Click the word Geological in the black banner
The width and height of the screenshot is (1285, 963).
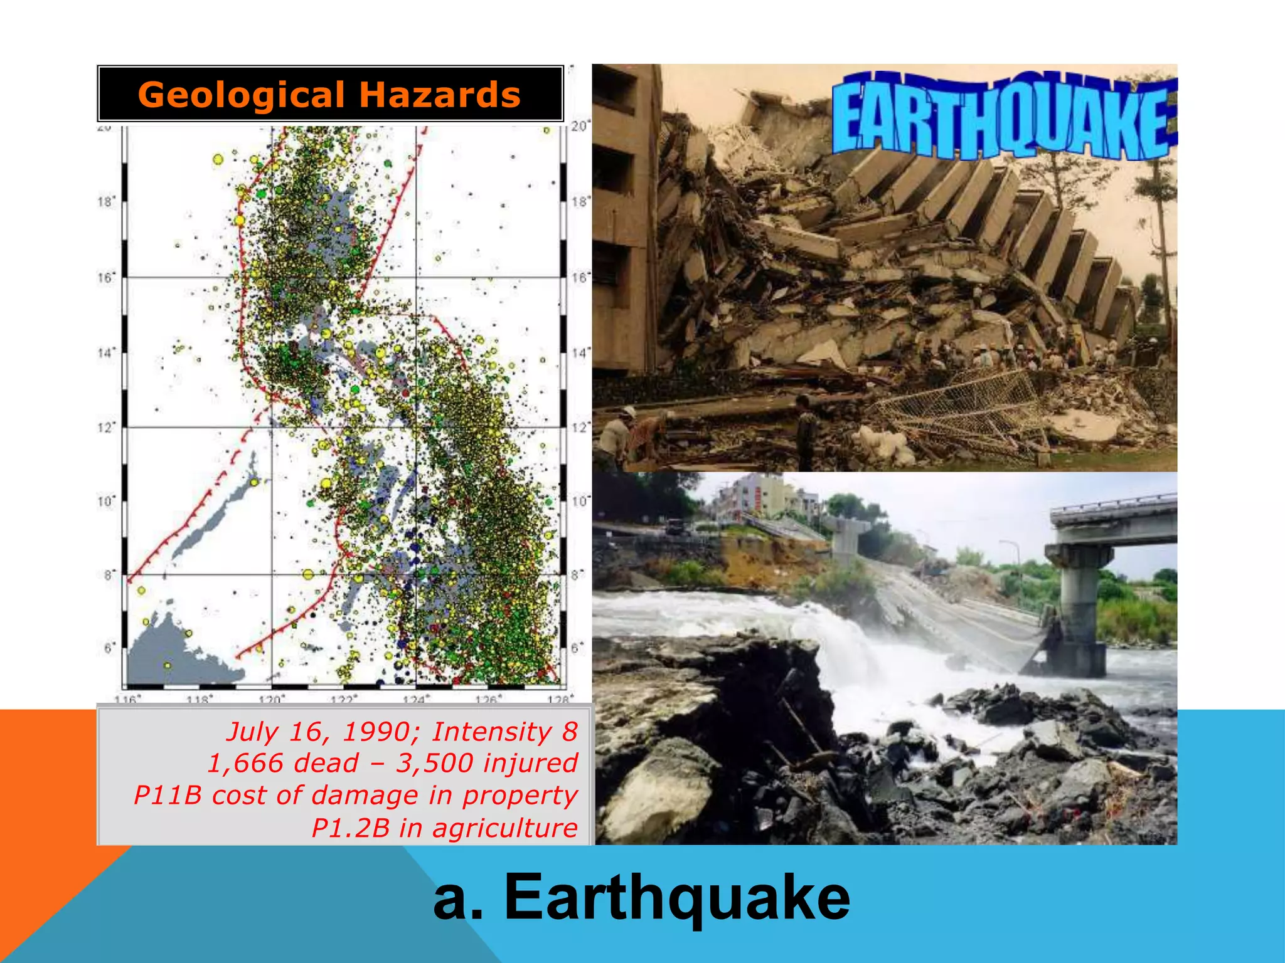[239, 95]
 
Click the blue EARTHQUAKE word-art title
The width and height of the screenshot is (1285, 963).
[1004, 117]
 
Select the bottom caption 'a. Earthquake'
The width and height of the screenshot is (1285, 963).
[641, 898]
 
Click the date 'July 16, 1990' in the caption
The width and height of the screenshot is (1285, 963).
[318, 732]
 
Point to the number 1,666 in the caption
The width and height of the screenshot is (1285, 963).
[245, 764]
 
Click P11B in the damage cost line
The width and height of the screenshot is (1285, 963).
[168, 796]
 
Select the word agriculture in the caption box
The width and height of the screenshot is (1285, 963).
[505, 828]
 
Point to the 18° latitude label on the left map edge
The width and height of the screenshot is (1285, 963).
[105, 202]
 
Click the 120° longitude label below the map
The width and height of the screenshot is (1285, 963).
[272, 698]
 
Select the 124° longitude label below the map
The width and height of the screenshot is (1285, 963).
[417, 698]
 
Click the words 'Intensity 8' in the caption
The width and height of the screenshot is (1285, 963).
[504, 732]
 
